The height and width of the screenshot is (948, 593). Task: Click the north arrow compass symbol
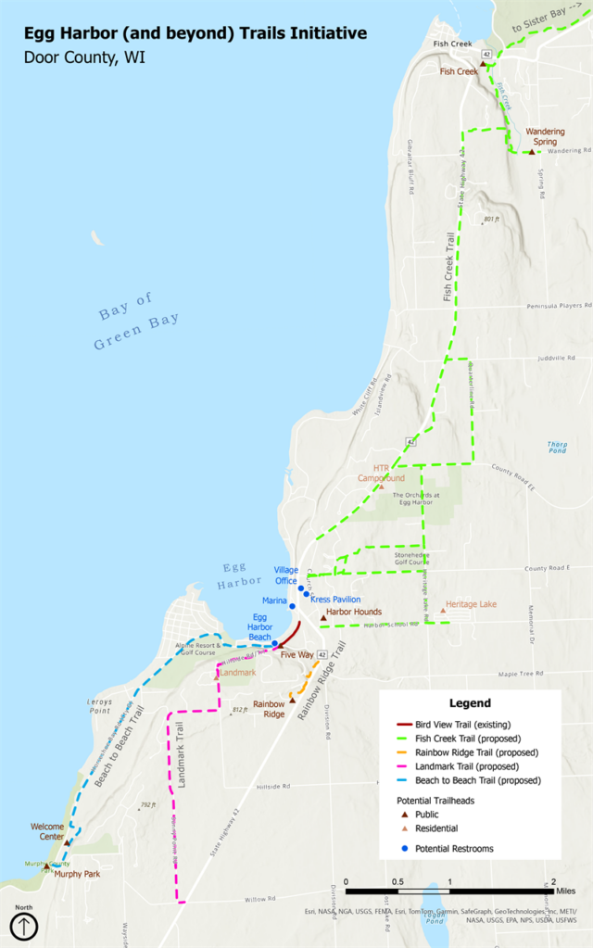pos(23,925)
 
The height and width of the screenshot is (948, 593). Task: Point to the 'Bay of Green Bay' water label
pos(137,322)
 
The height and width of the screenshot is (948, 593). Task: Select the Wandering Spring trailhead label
pos(545,136)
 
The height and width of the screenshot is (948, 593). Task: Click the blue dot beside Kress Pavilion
pos(307,594)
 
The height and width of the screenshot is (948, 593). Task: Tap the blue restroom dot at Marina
pos(293,606)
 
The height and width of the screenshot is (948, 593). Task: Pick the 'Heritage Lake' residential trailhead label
pos(471,604)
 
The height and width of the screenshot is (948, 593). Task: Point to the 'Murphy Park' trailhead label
pos(76,874)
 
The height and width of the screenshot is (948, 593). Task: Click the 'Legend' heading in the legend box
pos(470,703)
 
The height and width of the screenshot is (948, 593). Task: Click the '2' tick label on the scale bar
pos(553,880)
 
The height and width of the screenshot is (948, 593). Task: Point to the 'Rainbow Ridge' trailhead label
pos(269,709)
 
